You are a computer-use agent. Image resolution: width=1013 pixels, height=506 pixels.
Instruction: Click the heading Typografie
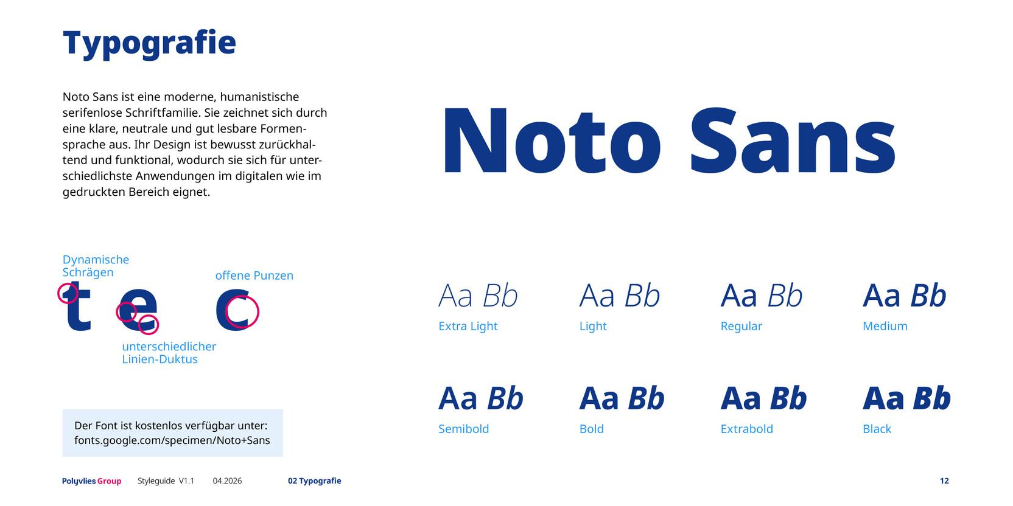(149, 44)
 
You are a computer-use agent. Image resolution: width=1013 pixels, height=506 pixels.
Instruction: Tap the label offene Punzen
(254, 276)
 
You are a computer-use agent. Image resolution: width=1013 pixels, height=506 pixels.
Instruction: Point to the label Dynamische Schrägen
(96, 266)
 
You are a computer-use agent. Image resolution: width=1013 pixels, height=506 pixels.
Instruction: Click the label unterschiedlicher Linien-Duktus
(169, 353)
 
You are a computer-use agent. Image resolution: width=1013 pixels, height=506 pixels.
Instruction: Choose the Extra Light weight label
(468, 326)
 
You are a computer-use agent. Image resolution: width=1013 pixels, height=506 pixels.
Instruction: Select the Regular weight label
(741, 326)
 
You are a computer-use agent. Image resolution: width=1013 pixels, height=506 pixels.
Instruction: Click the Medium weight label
(885, 326)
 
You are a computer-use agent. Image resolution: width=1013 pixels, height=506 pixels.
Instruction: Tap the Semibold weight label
(463, 429)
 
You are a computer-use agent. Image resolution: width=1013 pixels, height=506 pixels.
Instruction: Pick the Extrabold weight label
(746, 429)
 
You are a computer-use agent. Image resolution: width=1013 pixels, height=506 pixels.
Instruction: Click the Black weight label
(877, 429)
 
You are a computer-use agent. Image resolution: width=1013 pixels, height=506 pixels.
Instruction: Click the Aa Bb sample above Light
(620, 296)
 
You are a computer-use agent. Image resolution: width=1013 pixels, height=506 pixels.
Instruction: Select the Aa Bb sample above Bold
(622, 398)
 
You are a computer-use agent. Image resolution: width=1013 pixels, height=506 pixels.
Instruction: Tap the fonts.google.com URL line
(172, 440)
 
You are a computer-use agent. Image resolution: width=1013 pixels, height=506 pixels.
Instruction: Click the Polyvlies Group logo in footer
(91, 481)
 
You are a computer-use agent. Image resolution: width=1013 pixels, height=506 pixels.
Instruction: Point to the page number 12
(944, 480)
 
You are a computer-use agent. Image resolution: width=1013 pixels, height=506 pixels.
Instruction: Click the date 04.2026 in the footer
(228, 480)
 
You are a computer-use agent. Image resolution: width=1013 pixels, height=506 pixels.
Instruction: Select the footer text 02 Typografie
(315, 480)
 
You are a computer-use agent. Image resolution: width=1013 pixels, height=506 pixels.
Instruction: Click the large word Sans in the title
(792, 140)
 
